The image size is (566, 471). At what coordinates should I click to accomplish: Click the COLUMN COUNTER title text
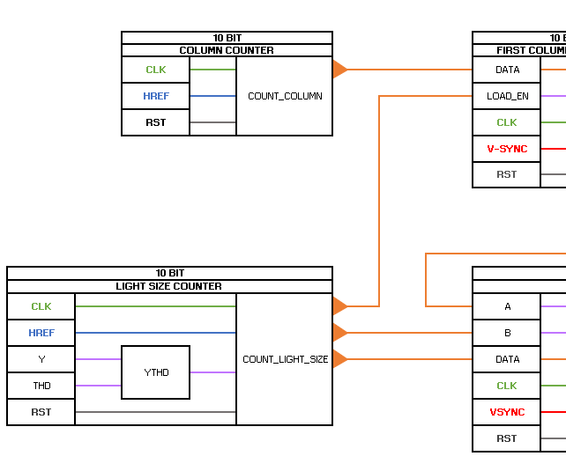point(227,50)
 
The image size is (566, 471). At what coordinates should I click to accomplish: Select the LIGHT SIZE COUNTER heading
point(169,286)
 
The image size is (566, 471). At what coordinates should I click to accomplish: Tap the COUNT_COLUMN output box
point(284,96)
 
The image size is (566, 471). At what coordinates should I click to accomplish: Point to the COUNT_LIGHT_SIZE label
point(285,359)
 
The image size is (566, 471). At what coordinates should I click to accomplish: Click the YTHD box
point(155,372)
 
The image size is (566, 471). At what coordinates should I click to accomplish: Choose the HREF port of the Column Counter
point(155,96)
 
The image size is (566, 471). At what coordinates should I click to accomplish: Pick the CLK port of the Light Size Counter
point(41,306)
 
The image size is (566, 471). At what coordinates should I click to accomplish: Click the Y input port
point(41,359)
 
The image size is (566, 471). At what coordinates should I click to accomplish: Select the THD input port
point(41,386)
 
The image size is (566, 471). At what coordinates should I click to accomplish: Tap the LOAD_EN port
point(507,96)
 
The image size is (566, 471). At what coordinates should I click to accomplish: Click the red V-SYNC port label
point(507,149)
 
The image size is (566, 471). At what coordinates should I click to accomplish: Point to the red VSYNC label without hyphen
point(507,412)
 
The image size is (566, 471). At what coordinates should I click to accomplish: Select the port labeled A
point(507,306)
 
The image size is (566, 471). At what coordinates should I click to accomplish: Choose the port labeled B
point(507,333)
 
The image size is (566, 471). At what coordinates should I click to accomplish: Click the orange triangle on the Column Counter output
point(339,70)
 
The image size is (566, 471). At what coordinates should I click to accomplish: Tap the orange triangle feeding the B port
point(339,333)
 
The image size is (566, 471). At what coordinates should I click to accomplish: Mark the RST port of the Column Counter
point(155,122)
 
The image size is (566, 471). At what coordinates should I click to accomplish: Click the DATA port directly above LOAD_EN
point(507,70)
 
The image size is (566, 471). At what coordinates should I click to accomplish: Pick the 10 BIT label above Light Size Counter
point(169,273)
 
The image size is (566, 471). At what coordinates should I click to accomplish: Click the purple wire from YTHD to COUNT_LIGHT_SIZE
point(212,372)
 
